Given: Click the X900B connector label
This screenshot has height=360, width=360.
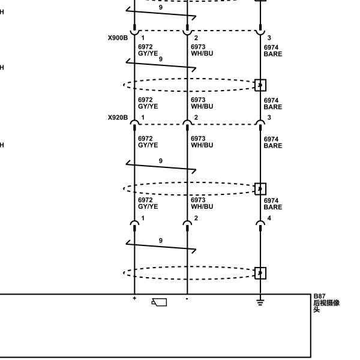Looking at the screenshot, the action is coord(118,38).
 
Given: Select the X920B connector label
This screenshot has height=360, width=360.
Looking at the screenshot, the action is coord(118,118).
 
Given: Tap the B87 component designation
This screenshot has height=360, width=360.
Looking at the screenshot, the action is coord(319,296).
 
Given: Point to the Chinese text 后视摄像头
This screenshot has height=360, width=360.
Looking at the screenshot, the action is coord(326,306).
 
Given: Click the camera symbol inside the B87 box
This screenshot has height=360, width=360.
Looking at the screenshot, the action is coord(159,302).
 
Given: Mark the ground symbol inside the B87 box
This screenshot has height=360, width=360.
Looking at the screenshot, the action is coord(260,302).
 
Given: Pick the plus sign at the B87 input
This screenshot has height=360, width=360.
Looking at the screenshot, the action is coord(134,298).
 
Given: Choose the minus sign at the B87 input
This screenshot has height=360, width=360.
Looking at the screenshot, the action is coord(187,299).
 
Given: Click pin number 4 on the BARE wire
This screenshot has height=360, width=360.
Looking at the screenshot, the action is coord(269,218).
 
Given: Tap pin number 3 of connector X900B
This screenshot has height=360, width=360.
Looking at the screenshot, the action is coord(269,38).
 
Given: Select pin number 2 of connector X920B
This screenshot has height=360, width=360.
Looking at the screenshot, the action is coord(196,118).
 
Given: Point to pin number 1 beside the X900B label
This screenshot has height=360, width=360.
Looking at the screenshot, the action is coord(143,38).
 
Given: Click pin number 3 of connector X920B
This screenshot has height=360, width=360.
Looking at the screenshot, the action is coord(269,118).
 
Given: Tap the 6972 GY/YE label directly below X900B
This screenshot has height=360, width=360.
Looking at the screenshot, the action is coord(148,50).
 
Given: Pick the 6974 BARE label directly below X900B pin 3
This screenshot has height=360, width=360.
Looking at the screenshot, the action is coord(273,51).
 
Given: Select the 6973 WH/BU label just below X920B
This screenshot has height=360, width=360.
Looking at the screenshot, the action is coord(202,142).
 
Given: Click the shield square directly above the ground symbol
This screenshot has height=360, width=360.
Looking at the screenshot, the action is coord(260,273).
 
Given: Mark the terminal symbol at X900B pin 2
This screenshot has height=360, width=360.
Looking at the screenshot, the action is coord(187,30).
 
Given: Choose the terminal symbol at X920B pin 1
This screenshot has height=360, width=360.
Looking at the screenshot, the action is coord(134,125).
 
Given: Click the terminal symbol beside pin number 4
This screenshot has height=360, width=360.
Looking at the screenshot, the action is coord(260,226).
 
